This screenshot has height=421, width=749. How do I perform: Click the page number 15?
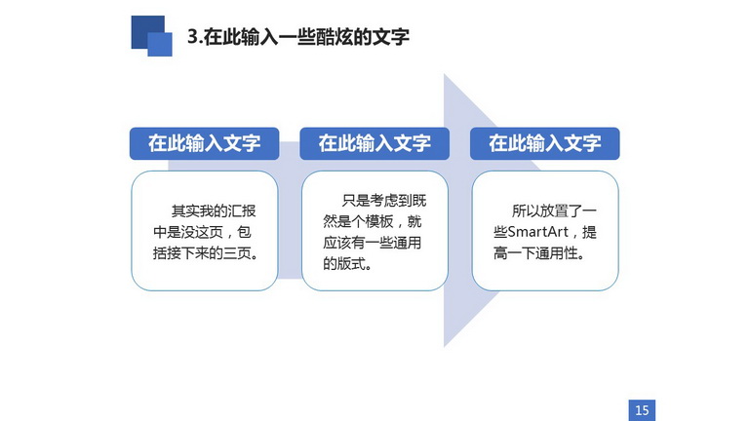click(642, 410)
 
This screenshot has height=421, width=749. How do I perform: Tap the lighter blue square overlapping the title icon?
click(160, 45)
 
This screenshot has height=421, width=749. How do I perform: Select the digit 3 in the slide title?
click(192, 37)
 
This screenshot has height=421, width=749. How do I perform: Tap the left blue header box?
click(205, 143)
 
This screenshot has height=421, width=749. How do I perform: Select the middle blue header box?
click(374, 143)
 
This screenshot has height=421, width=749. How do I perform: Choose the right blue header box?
click(545, 143)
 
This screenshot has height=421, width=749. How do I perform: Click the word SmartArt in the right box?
click(537, 232)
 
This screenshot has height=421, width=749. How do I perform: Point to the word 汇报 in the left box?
click(242, 210)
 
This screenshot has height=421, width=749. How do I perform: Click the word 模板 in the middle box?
click(379, 221)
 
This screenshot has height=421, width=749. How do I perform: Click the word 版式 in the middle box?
click(351, 263)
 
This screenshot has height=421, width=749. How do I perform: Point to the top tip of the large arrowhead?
click(445, 74)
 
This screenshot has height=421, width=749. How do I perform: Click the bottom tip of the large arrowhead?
click(445, 347)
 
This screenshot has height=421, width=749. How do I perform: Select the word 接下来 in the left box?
click(188, 253)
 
